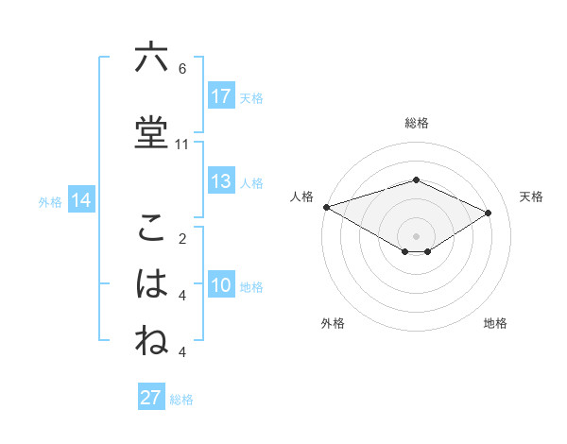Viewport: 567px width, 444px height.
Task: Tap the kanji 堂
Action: click(x=151, y=131)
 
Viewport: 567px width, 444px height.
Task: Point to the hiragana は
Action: click(x=151, y=284)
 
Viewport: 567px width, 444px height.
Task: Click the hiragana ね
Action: click(x=151, y=341)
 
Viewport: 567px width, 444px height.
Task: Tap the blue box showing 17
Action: click(x=221, y=96)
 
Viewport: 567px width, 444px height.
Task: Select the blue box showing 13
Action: click(x=221, y=181)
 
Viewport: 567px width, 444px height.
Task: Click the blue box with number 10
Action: click(x=221, y=286)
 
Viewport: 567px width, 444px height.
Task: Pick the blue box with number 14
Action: click(x=80, y=200)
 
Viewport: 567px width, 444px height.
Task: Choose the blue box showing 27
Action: click(x=151, y=398)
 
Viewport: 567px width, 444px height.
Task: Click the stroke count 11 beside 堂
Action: click(x=182, y=145)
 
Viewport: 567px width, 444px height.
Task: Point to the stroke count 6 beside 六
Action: click(x=182, y=69)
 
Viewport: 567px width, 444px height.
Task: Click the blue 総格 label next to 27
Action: click(x=181, y=400)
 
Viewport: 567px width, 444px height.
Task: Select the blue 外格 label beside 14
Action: click(x=50, y=201)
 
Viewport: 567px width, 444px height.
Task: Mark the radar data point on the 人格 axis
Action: click(x=326, y=207)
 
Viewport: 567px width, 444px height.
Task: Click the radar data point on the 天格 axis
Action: click(x=489, y=213)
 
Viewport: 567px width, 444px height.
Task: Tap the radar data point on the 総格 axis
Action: click(x=416, y=179)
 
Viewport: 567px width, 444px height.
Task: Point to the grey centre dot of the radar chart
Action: click(x=416, y=234)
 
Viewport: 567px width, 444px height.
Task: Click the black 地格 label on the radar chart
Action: click(x=495, y=324)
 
